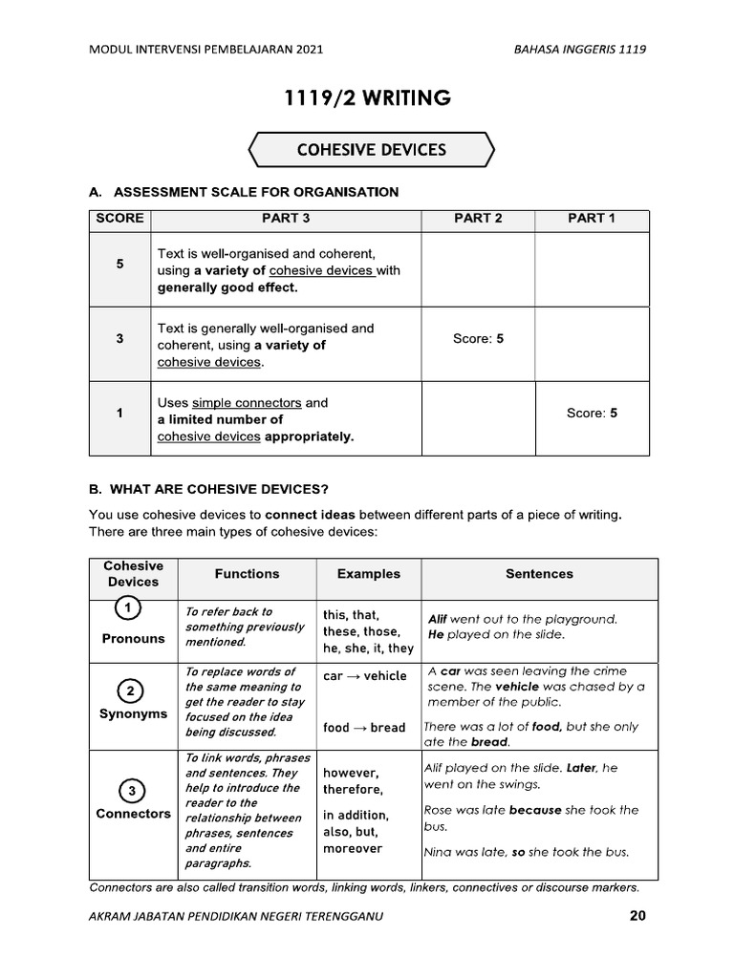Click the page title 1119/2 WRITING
tap(368, 97)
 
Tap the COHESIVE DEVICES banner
tap(371, 150)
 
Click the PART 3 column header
tap(286, 219)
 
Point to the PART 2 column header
tap(478, 219)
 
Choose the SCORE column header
tap(119, 219)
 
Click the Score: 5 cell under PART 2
tap(478, 339)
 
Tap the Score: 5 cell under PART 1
tap(592, 414)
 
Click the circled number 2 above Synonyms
tap(131, 691)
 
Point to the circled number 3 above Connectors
tap(133, 791)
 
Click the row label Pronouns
tap(133, 639)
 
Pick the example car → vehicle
tap(364, 676)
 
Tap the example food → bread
tap(364, 728)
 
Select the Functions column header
tap(247, 574)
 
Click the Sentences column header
tap(539, 574)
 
